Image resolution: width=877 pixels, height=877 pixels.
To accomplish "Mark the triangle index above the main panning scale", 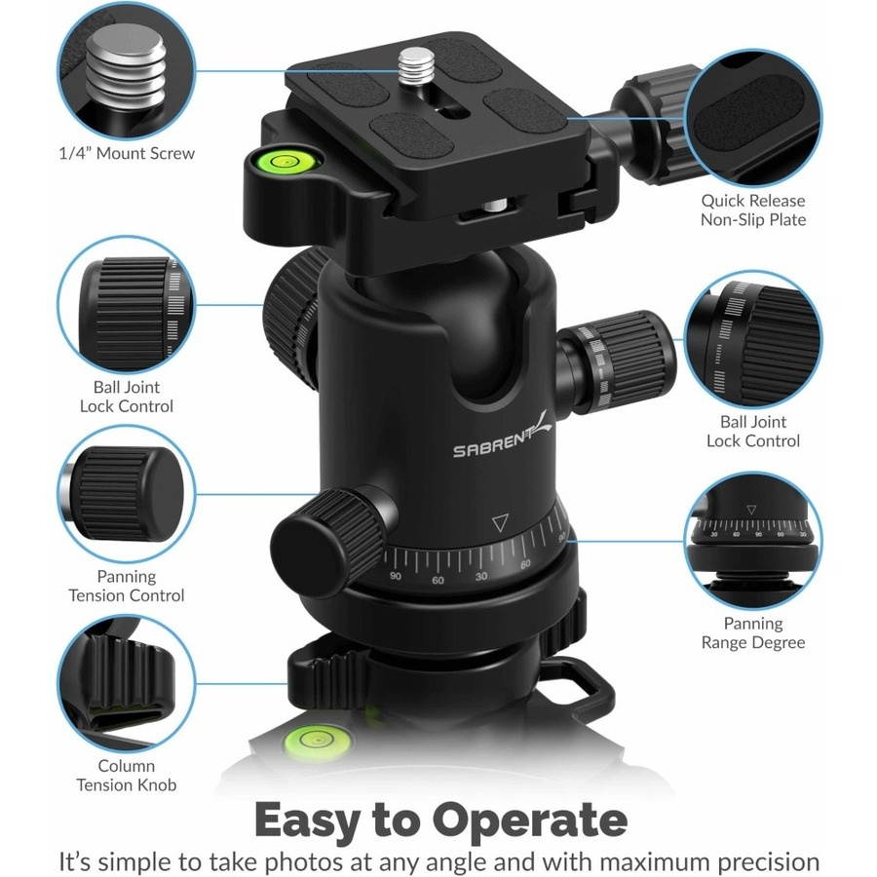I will (501, 523).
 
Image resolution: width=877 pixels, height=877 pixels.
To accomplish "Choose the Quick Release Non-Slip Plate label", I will (752, 210).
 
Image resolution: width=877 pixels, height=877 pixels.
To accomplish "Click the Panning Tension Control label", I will (126, 586).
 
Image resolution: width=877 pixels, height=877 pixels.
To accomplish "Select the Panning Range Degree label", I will (752, 632).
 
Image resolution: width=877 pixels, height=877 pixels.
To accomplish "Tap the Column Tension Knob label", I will (126, 775).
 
